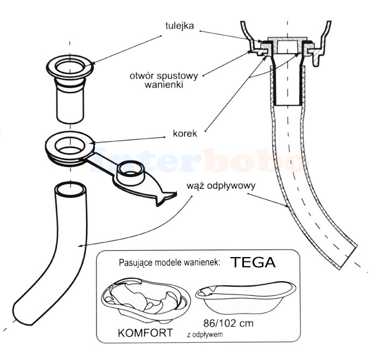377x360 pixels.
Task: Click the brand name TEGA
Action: (253, 262)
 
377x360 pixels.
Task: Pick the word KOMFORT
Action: (145, 333)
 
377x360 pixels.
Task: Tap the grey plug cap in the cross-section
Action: (287, 44)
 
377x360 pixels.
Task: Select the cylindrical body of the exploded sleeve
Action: (71, 102)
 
